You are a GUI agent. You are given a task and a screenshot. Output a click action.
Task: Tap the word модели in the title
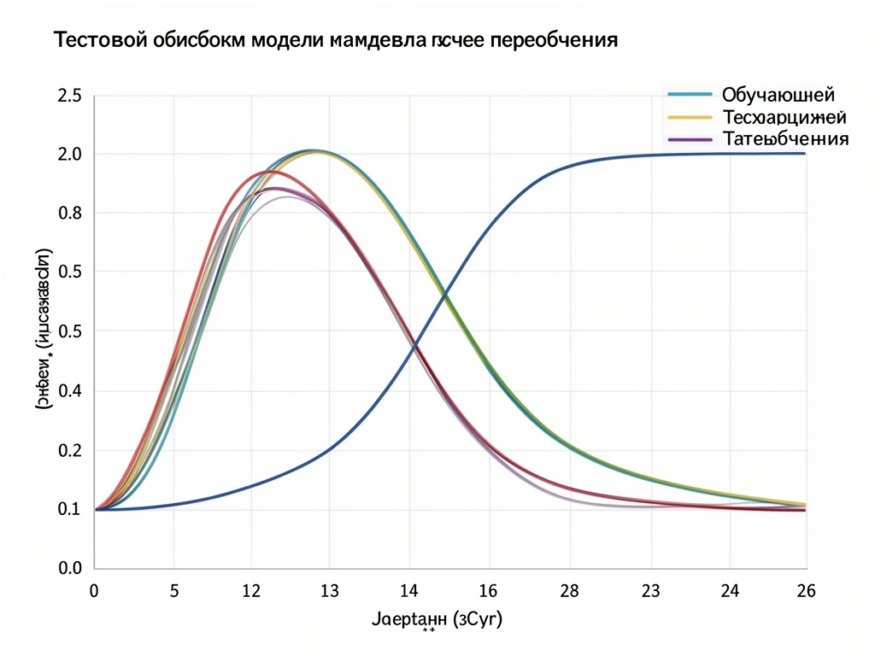point(284,40)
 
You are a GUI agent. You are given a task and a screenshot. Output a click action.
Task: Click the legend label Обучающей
point(778,94)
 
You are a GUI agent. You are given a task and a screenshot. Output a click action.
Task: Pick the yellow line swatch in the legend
point(689,116)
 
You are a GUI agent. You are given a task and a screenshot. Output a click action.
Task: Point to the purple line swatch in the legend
point(689,138)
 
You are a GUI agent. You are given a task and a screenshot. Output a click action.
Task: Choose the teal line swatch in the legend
point(689,94)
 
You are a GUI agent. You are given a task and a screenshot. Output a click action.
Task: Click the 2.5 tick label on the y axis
point(69,97)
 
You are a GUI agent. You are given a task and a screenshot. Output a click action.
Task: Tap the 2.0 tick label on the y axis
point(69,155)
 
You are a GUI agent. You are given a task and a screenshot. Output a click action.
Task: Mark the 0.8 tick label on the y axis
point(69,213)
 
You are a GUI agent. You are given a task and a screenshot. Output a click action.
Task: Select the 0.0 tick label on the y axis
point(69,568)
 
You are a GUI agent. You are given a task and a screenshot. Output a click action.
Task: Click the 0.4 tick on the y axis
point(69,391)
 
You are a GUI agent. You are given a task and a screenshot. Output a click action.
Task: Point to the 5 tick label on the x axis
point(173,590)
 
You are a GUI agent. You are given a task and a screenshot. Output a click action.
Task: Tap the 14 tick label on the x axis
point(409,590)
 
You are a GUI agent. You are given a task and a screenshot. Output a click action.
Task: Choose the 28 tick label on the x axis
point(568,590)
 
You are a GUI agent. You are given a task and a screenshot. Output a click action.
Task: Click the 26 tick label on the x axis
point(805,590)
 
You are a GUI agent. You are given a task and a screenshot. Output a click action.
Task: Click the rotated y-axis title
point(43,331)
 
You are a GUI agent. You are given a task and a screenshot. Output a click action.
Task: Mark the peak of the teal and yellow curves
point(314,151)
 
